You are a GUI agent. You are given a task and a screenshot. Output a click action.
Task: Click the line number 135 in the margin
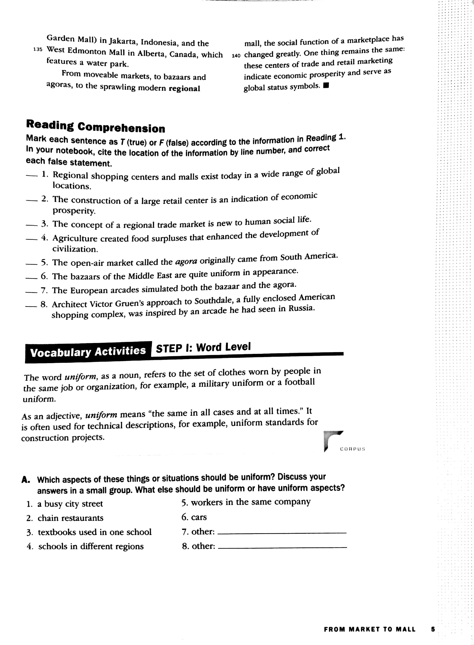(x=38, y=50)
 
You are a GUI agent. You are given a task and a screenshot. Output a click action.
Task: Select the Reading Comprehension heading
(x=96, y=126)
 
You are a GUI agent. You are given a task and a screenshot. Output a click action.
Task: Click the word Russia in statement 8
(x=301, y=309)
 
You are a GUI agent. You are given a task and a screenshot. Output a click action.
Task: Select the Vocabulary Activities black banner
(x=88, y=352)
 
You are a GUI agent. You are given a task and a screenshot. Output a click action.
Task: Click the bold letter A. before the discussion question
(x=26, y=480)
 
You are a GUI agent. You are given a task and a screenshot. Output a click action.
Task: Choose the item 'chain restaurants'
(x=70, y=518)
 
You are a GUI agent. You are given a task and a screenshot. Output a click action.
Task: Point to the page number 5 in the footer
(x=433, y=630)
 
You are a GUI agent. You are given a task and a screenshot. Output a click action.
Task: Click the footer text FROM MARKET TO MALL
(x=370, y=630)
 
